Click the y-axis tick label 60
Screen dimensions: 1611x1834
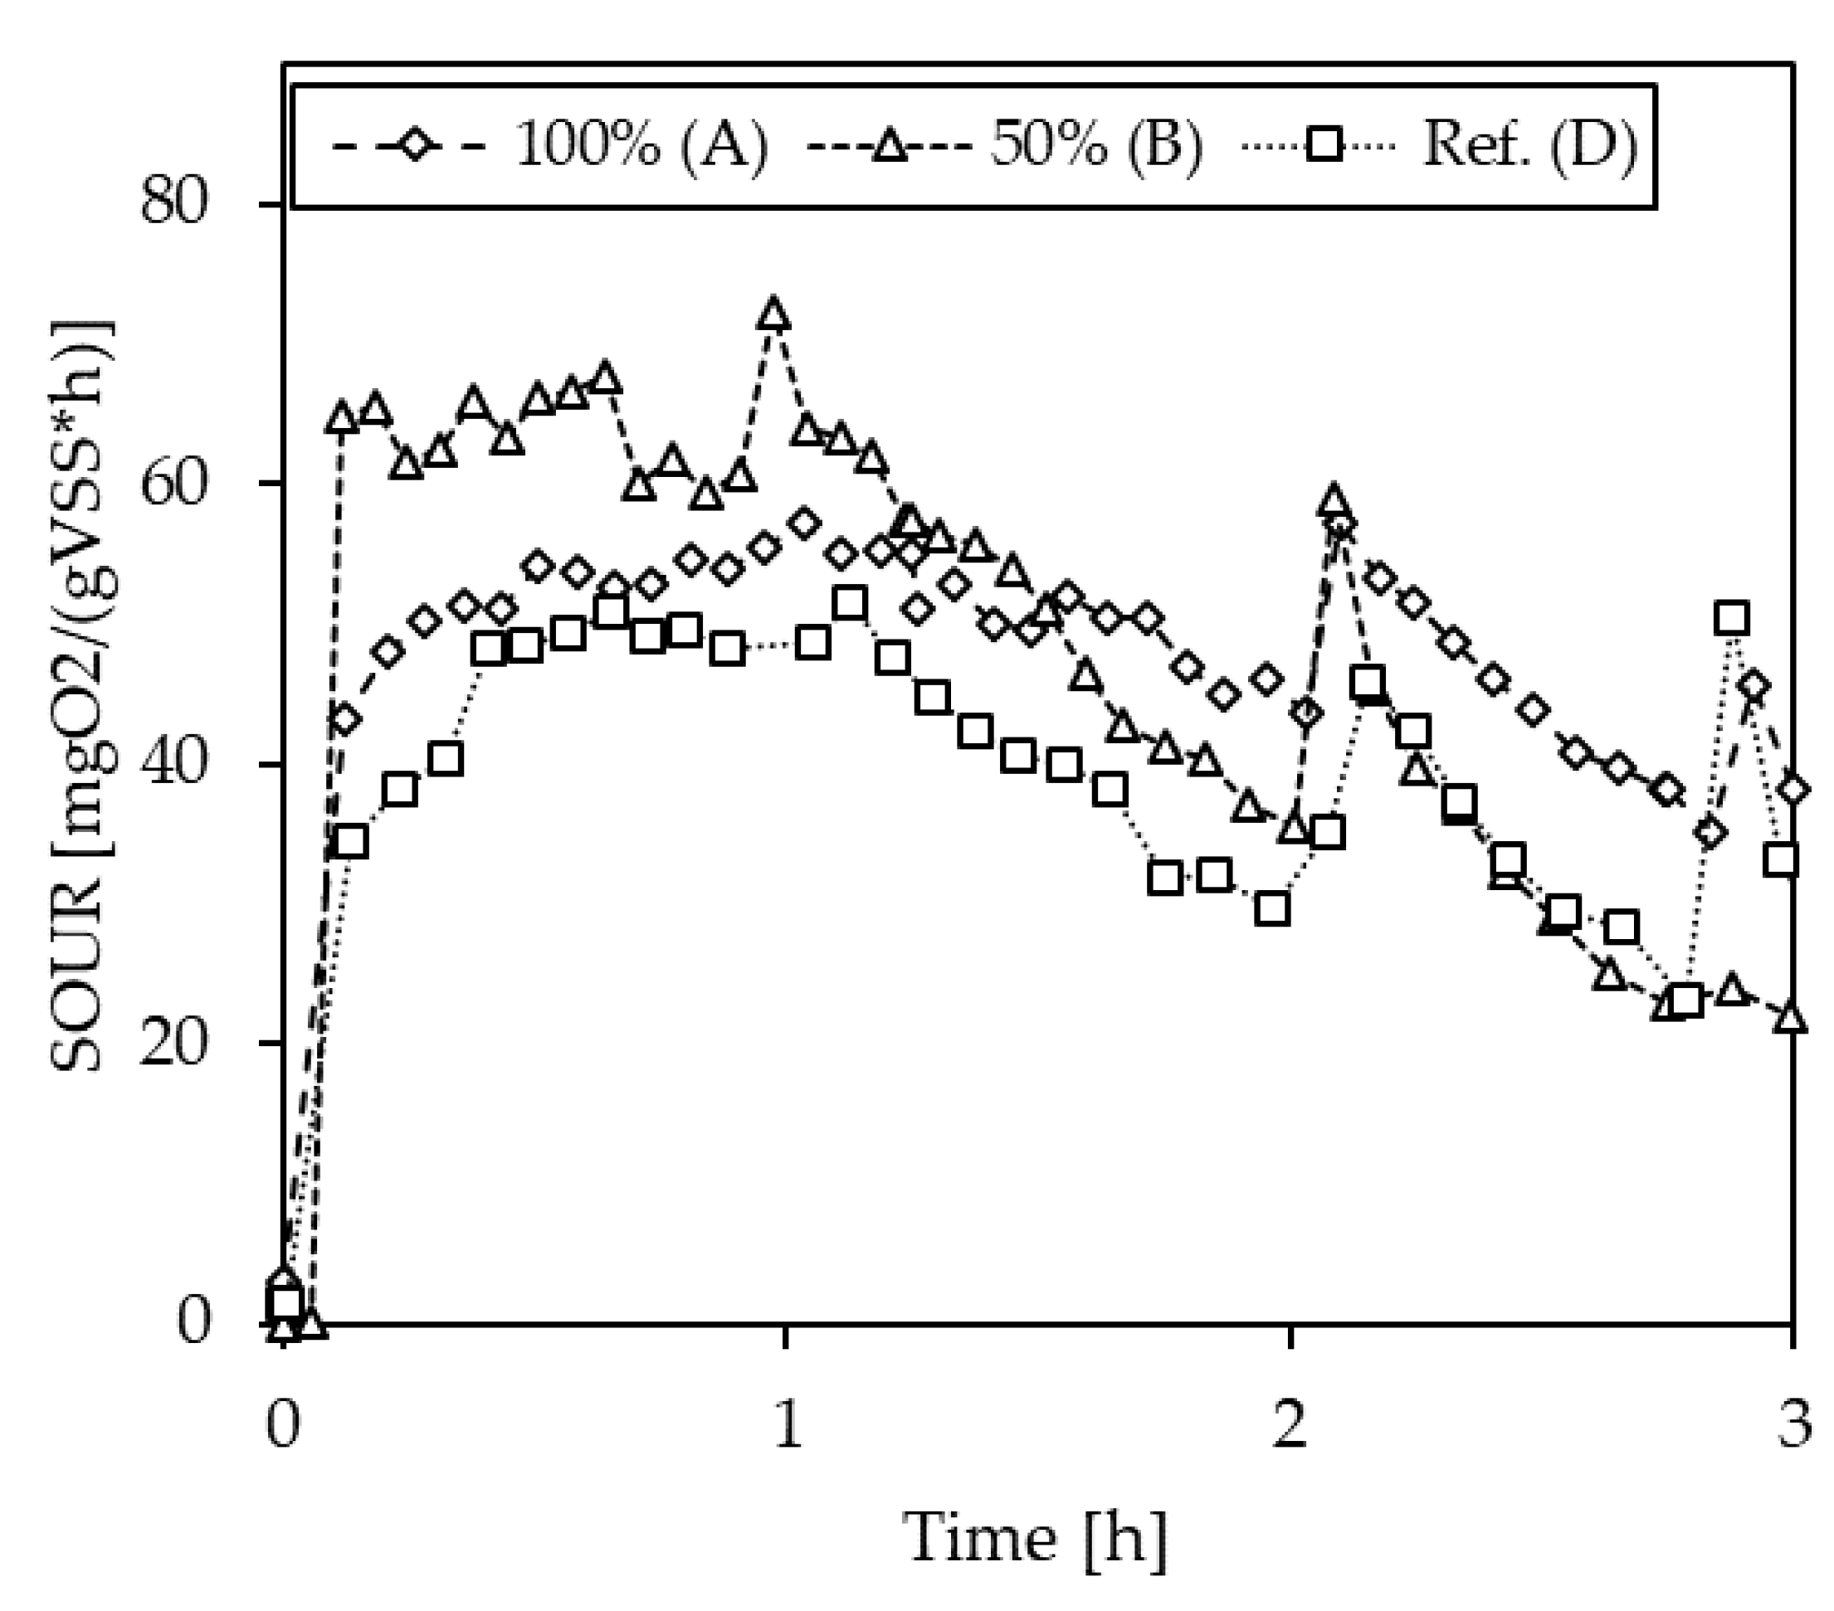click(175, 484)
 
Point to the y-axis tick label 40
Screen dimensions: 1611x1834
click(175, 764)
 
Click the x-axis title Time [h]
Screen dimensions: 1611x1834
click(1037, 1539)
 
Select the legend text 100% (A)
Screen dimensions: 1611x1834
click(641, 145)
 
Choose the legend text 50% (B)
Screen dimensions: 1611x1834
click(1096, 145)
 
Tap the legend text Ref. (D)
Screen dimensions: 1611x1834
click(1529, 145)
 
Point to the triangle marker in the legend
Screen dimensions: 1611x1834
click(891, 145)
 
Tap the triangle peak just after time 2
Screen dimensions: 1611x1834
click(1334, 501)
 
